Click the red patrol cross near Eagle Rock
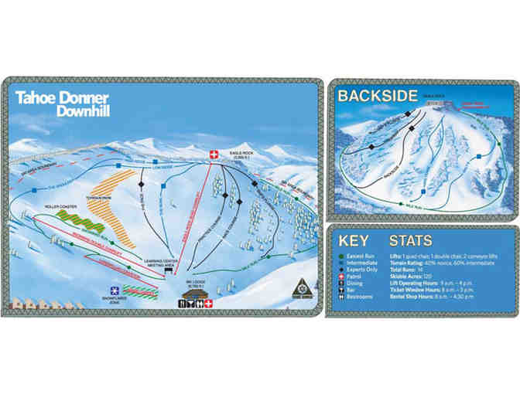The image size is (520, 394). tap(213, 155)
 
